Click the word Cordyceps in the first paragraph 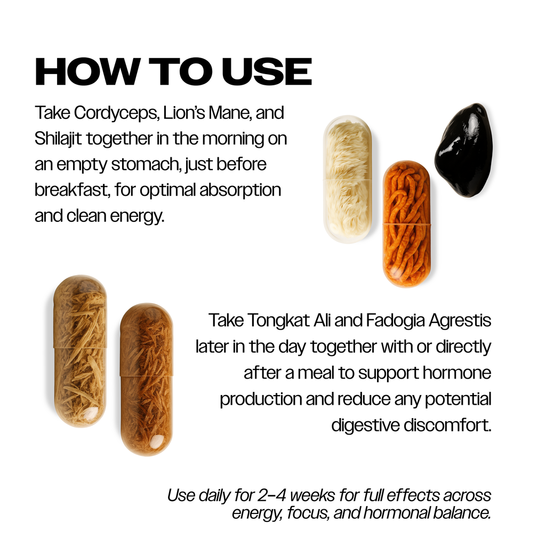coord(116,114)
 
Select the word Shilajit coord(58,139)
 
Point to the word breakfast coord(72,190)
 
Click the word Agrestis coord(460,321)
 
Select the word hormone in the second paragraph coord(457,373)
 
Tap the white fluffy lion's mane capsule coord(348,179)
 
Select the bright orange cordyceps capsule coord(407,224)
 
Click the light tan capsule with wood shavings coord(80,351)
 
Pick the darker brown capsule coord(147,380)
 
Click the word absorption coord(240,190)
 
